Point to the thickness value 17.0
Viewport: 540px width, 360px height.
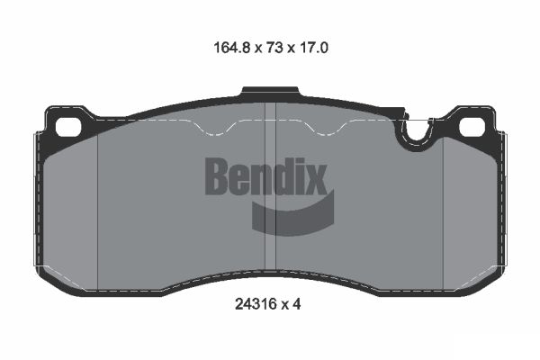[x=310, y=47]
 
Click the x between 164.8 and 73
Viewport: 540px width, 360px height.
[x=248, y=48]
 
